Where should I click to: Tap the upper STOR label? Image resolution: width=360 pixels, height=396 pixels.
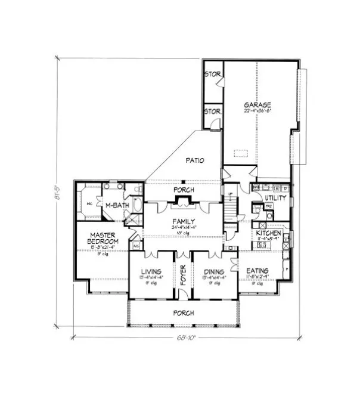click(x=212, y=75)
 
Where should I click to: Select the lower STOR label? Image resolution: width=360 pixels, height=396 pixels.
click(x=212, y=112)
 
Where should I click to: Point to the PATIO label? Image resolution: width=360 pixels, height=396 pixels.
click(x=195, y=160)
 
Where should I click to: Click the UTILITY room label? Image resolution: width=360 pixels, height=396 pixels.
click(x=276, y=197)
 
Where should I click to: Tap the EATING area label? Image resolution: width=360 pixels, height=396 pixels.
click(x=257, y=271)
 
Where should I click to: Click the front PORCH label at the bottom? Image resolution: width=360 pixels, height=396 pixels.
click(x=184, y=313)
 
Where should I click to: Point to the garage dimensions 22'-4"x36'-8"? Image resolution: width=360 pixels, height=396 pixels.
click(x=257, y=111)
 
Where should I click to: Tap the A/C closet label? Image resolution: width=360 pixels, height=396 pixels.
click(x=136, y=245)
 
